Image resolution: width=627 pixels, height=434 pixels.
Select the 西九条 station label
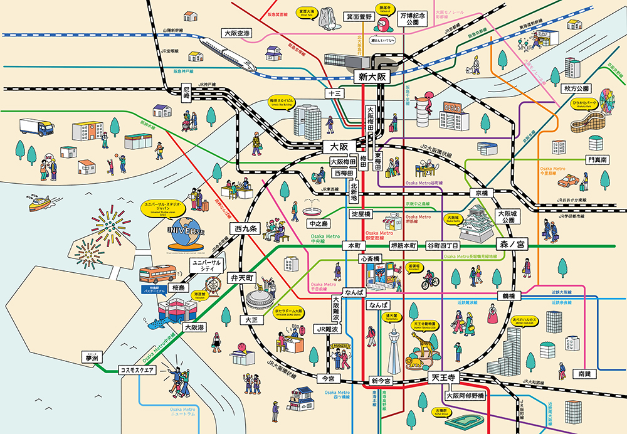pos(243,229)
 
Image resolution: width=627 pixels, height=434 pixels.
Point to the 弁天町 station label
pos(241,277)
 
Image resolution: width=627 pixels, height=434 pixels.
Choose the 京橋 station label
pos(481,193)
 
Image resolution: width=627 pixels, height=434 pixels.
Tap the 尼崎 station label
pos(186,93)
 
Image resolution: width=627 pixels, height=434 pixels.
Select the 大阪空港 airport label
pos(237,33)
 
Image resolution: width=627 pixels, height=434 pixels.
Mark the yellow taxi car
pos(568,181)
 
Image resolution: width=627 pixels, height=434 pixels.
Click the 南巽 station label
pos(584,373)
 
